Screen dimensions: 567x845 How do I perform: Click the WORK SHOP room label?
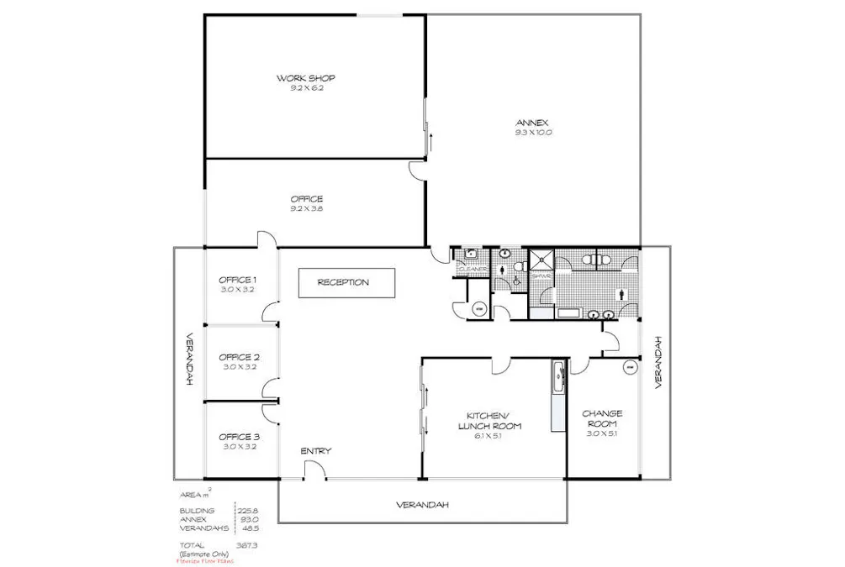306,78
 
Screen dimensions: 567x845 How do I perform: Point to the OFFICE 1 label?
237,280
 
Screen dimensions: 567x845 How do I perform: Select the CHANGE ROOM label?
602,418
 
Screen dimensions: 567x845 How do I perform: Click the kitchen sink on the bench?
557,373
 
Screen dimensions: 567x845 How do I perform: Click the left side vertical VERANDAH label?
189,362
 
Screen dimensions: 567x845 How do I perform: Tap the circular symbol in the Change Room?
627,367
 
